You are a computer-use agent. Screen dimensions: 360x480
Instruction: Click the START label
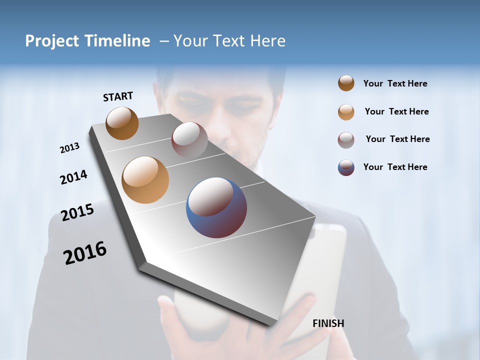(x=118, y=96)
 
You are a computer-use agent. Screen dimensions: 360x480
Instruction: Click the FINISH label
(x=328, y=323)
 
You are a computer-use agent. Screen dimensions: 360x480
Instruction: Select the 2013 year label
(x=69, y=148)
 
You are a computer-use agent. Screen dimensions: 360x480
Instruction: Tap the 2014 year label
(x=73, y=177)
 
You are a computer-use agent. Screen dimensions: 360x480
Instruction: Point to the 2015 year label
(x=77, y=212)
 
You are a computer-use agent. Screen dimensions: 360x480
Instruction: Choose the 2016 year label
(x=85, y=253)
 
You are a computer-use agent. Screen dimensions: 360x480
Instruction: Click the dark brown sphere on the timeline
(x=122, y=123)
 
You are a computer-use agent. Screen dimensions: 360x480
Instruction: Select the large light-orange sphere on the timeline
(x=145, y=179)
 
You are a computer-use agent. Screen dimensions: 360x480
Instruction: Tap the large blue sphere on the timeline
(x=216, y=207)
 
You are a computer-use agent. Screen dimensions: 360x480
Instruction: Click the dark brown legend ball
(x=346, y=83)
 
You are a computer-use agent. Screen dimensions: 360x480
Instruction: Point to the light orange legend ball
(x=346, y=112)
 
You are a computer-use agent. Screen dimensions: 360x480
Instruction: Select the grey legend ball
(x=346, y=140)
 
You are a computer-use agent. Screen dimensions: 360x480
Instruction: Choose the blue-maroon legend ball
(x=346, y=167)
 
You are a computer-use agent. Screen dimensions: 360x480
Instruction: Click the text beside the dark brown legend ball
(x=395, y=83)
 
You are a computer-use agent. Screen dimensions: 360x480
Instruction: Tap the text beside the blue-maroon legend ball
(x=395, y=167)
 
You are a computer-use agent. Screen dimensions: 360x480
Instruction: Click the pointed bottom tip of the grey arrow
(x=272, y=325)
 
